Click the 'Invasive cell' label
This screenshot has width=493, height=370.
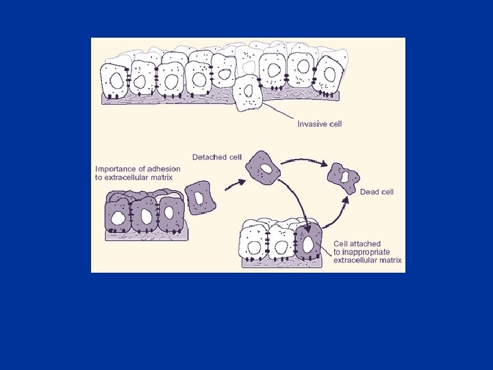click(x=319, y=124)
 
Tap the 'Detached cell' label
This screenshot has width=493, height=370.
click(x=216, y=157)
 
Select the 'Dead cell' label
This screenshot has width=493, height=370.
click(x=377, y=192)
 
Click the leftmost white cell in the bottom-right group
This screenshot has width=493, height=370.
click(x=253, y=243)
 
